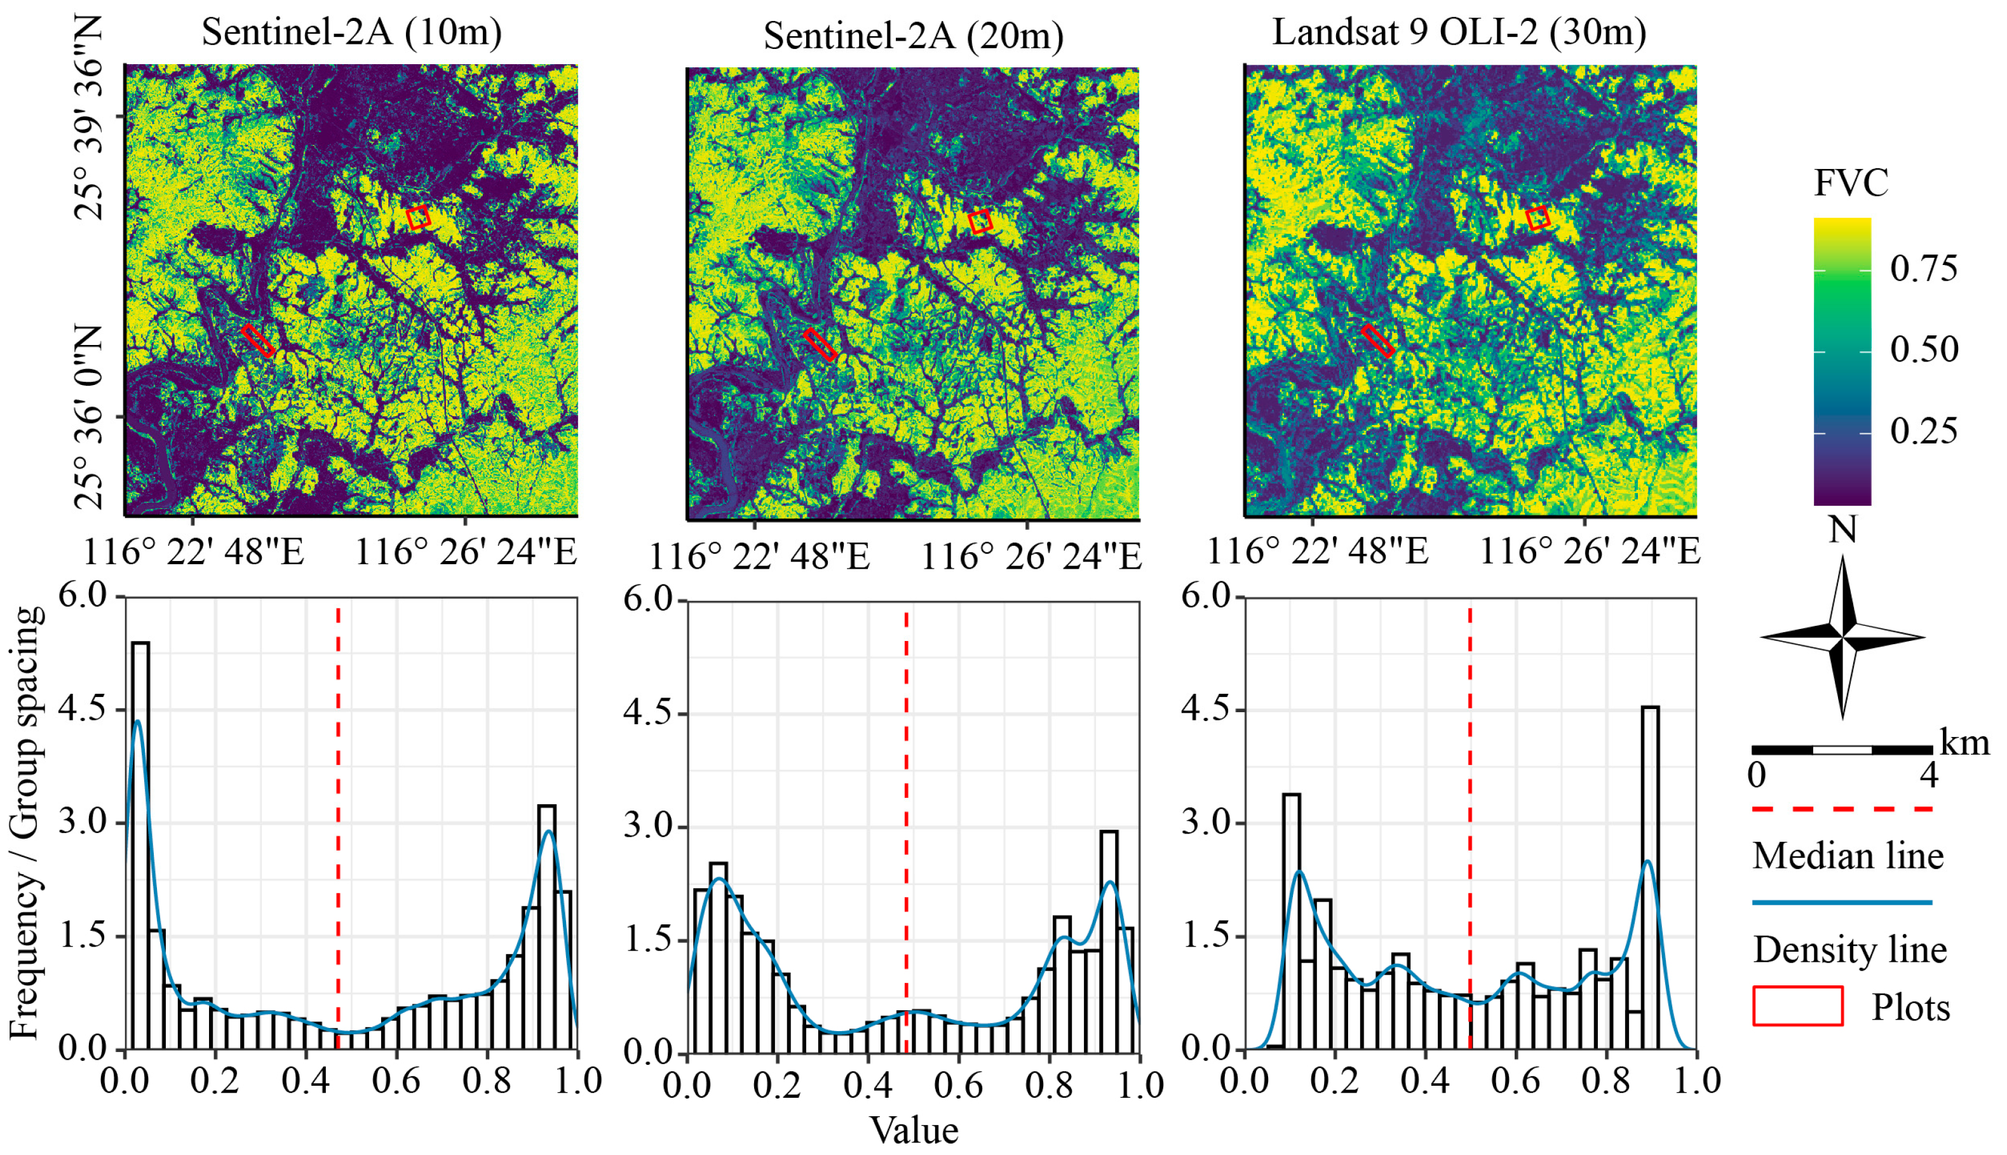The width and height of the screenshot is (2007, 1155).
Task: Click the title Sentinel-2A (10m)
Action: point(351,33)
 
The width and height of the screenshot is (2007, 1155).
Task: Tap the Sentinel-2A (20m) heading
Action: point(913,36)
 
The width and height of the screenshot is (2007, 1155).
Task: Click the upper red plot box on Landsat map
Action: point(1538,217)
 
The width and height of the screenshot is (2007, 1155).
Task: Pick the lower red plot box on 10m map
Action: point(259,341)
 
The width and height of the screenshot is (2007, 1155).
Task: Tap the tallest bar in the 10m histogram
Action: point(140,845)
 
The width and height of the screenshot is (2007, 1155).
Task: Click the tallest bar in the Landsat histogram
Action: point(1650,877)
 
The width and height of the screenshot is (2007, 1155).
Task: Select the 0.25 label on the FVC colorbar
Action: point(1924,431)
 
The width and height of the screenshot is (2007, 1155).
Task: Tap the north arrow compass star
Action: point(1842,636)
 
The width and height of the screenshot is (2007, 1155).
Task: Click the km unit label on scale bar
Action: point(1964,743)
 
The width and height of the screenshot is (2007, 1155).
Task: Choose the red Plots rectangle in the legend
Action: point(1797,1006)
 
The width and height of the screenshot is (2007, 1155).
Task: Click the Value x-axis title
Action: point(914,1130)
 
